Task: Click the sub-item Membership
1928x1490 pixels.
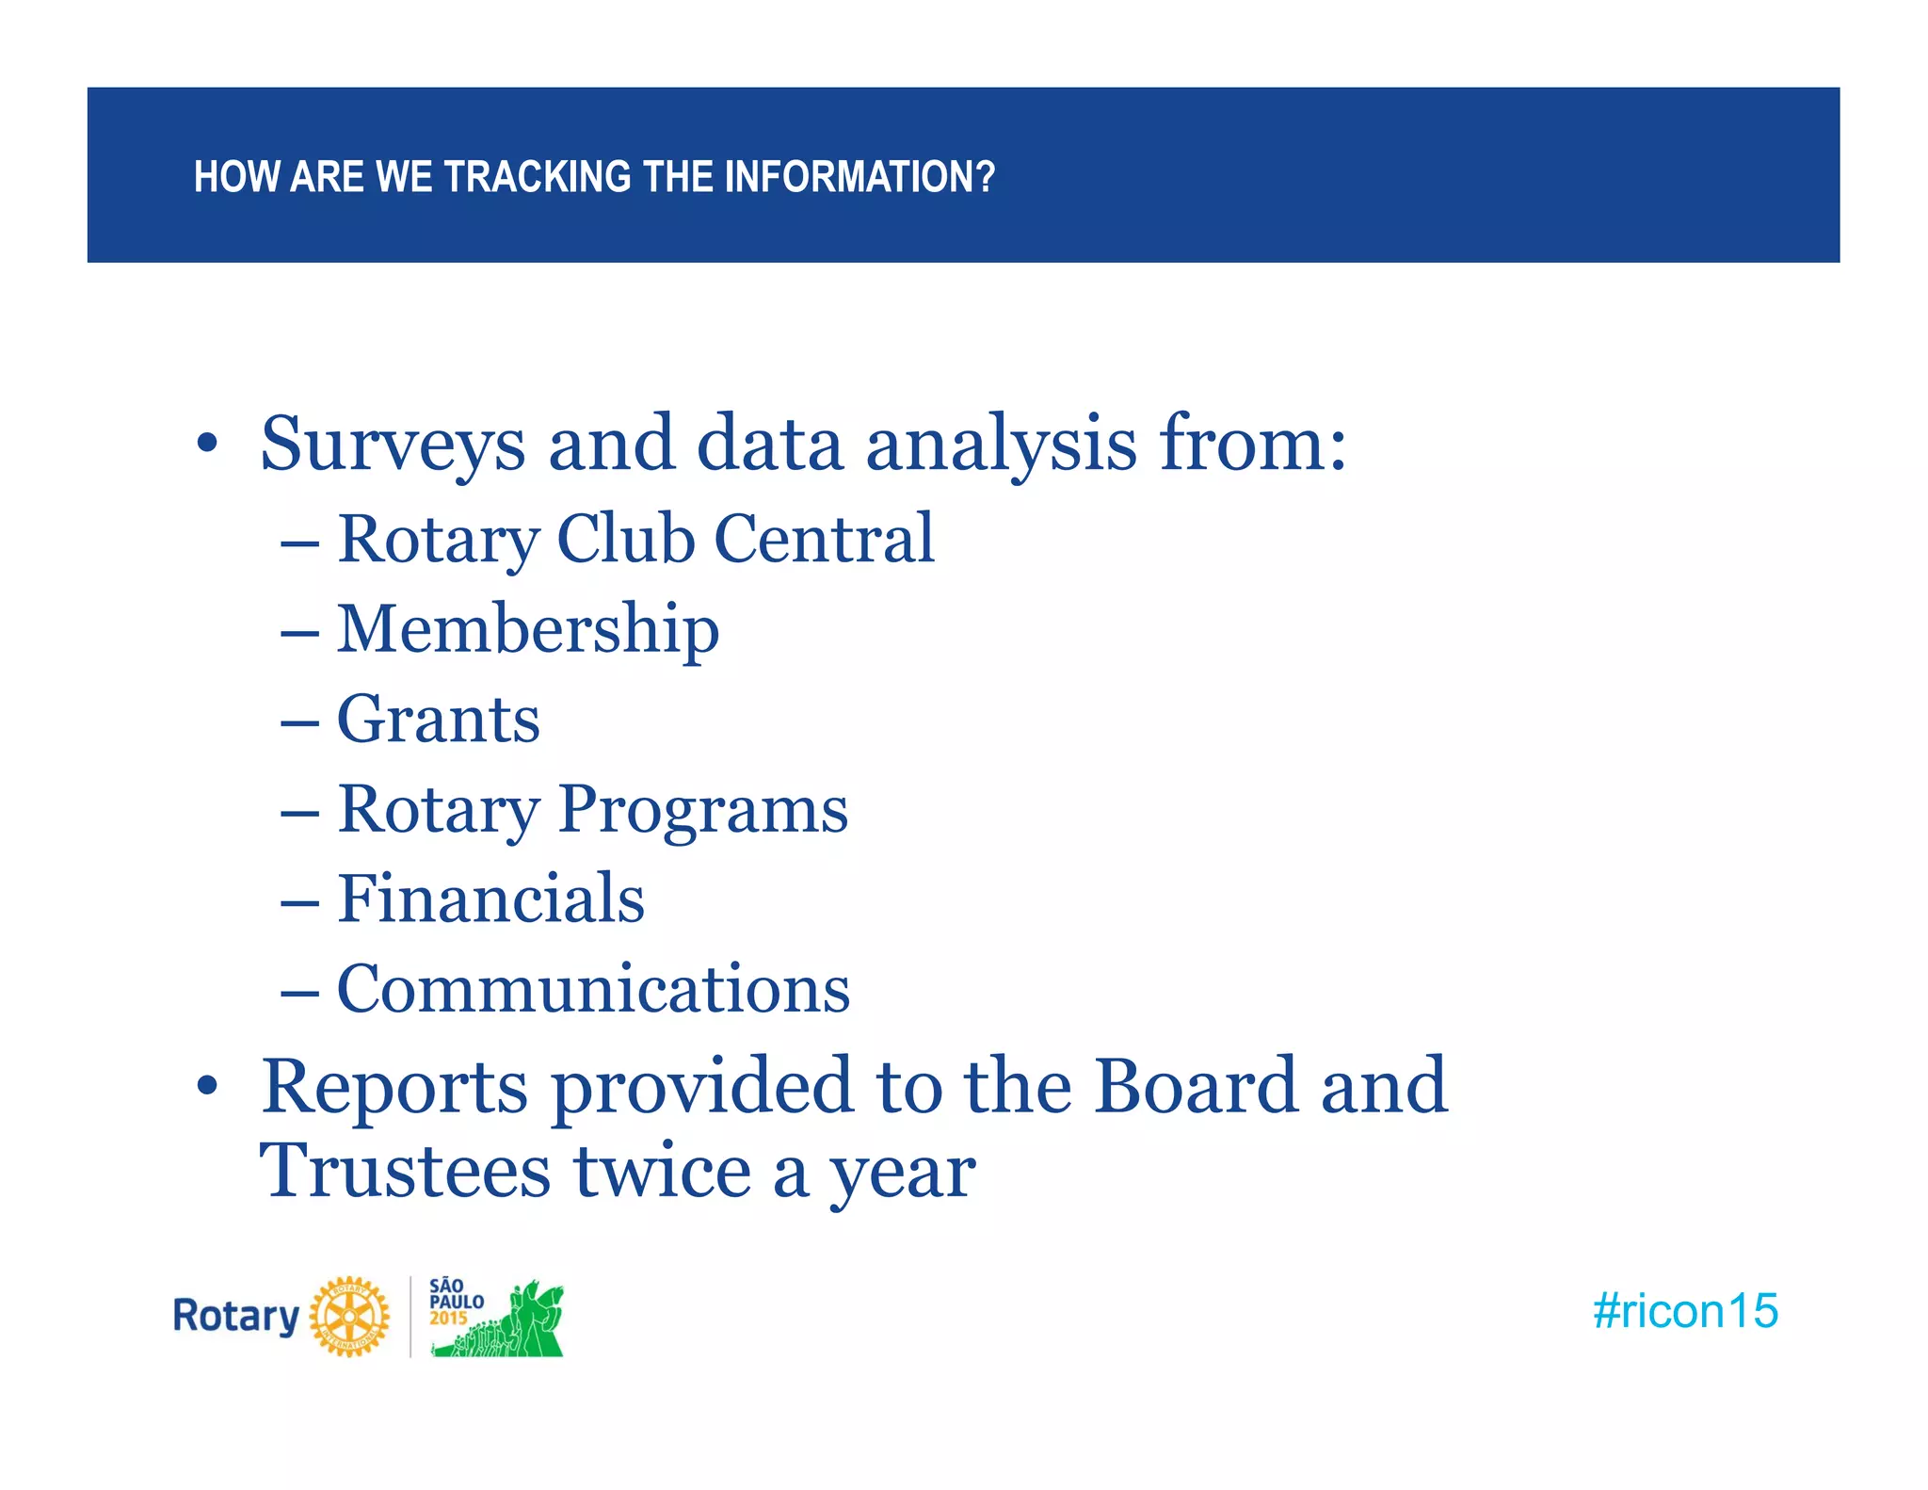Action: coord(528,629)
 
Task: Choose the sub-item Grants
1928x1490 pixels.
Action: coord(439,720)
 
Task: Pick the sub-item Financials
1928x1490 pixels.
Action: coord(490,899)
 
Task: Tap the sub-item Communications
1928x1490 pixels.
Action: coord(593,989)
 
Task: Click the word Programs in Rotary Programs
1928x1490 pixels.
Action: coord(702,810)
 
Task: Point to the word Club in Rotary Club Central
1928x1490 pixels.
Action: coord(626,539)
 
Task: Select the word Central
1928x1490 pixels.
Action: coord(824,539)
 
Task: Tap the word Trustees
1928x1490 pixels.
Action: coord(405,1171)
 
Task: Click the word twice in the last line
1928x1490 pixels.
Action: coord(663,1171)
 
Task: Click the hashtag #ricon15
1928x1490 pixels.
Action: coord(1685,1311)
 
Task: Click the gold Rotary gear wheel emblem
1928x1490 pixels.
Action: coord(349,1317)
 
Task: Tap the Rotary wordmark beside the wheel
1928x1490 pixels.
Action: coord(235,1316)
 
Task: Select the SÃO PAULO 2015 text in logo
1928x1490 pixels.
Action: coord(456,1302)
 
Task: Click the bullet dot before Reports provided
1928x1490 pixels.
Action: coord(207,1087)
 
